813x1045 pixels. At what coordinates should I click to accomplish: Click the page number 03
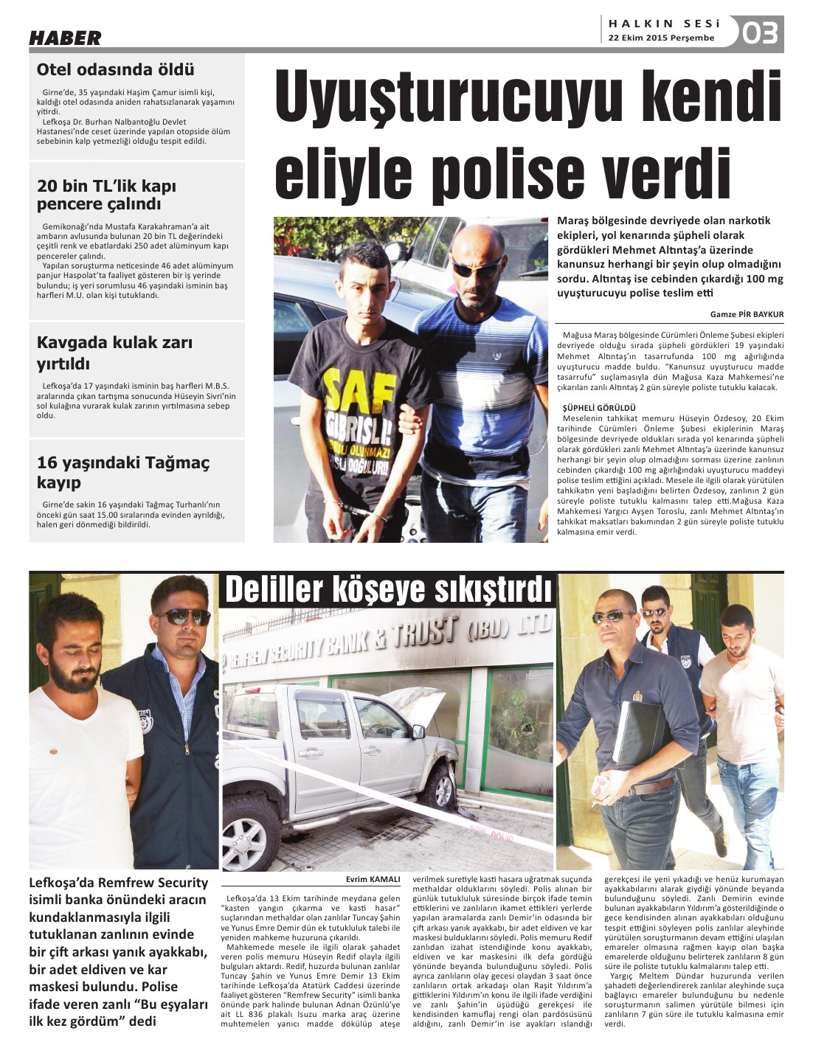(x=760, y=33)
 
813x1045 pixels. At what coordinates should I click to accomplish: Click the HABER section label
(x=65, y=38)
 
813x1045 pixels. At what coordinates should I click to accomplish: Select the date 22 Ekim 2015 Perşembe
(x=661, y=38)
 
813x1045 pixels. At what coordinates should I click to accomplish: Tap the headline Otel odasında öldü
(x=116, y=70)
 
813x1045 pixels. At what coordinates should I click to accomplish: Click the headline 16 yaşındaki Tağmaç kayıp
(x=123, y=473)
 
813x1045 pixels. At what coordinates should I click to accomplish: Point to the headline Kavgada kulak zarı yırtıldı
(x=114, y=353)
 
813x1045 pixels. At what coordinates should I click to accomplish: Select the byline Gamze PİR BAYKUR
(x=747, y=314)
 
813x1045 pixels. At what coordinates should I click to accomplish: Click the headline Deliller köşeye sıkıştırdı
(x=388, y=590)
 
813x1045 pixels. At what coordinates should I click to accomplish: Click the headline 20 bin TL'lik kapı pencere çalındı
(x=107, y=195)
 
